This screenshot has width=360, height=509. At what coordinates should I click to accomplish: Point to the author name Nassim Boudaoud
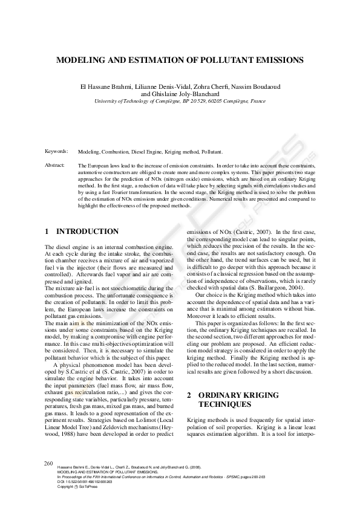coord(258,87)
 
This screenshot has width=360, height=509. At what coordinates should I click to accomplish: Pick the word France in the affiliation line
coord(257,102)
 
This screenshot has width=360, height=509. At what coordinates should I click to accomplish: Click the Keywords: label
coord(56,151)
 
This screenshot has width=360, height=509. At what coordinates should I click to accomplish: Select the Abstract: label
coord(55,165)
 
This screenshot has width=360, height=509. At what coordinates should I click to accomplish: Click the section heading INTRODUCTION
coord(87,232)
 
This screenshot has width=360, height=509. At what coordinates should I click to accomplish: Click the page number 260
coord(50,463)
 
